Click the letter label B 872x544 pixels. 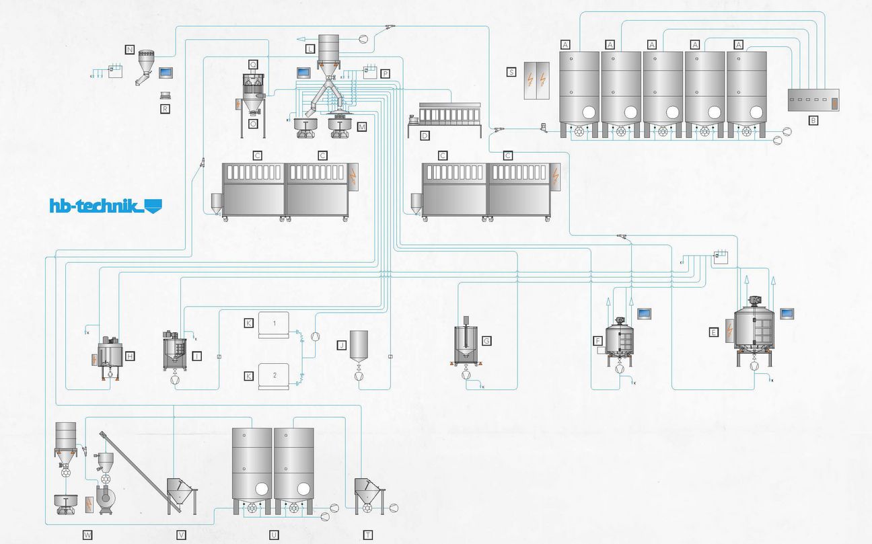813,120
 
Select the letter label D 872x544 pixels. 425,135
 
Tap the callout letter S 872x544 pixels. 512,71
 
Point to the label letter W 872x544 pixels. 87,535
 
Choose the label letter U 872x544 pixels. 274,535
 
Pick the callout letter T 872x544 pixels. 368,535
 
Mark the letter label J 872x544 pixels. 342,345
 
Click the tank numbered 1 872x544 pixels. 274,323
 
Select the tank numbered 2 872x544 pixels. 274,375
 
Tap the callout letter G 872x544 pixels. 487,341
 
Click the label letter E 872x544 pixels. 713,332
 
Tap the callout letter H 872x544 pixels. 130,355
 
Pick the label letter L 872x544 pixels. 310,49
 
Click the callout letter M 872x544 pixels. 362,126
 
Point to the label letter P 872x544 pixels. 385,73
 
